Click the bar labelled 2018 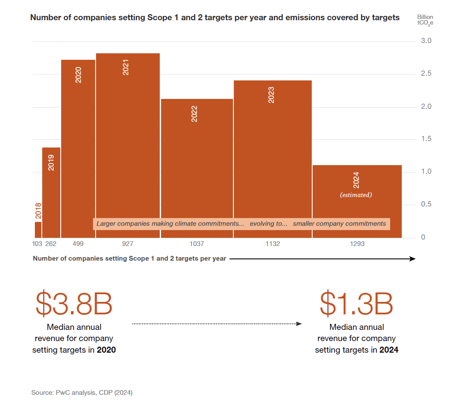click(x=38, y=230)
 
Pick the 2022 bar click(x=197, y=168)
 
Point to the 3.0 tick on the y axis click(x=426, y=41)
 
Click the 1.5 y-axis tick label click(x=426, y=139)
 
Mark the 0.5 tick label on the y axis click(x=426, y=204)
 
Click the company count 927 click(x=127, y=244)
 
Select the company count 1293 click(x=357, y=244)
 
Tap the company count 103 click(x=37, y=244)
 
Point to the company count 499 click(x=78, y=244)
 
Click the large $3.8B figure click(x=74, y=304)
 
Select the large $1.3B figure click(x=357, y=304)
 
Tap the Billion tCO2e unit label click(x=425, y=20)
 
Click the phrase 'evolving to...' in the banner click(x=268, y=224)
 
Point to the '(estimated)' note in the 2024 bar click(x=356, y=195)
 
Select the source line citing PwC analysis click(x=82, y=393)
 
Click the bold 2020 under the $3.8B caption click(x=106, y=350)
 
